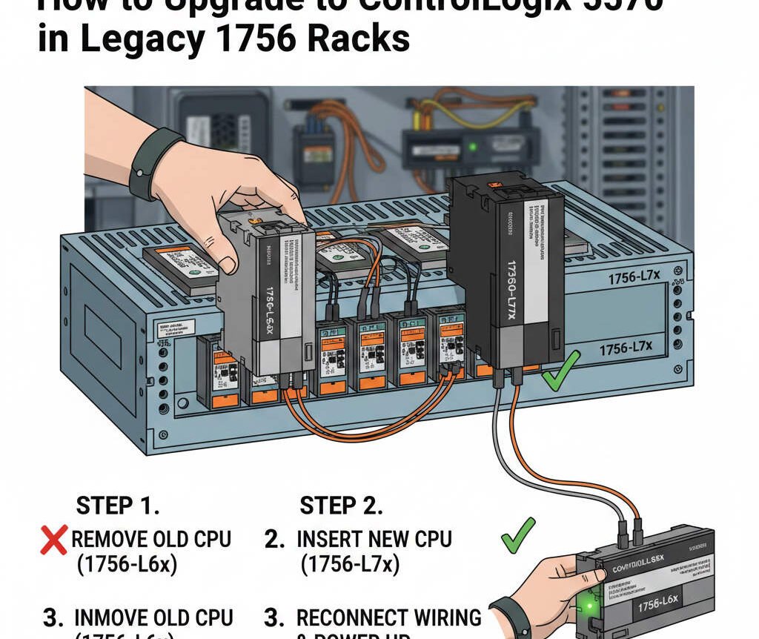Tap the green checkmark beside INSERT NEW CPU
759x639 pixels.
(x=517, y=535)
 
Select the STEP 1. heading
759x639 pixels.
(x=118, y=506)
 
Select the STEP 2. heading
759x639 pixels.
(x=341, y=506)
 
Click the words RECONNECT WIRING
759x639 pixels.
(x=388, y=617)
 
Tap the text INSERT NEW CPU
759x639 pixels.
(x=374, y=539)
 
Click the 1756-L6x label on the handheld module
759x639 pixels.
(x=664, y=607)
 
